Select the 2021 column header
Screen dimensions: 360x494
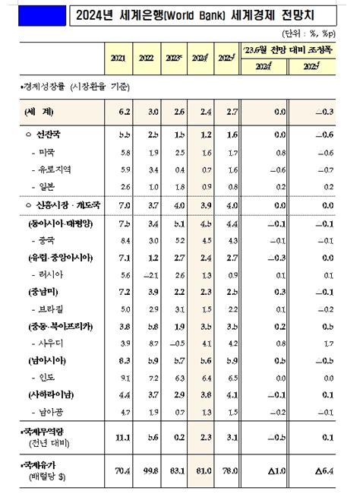tap(117, 58)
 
